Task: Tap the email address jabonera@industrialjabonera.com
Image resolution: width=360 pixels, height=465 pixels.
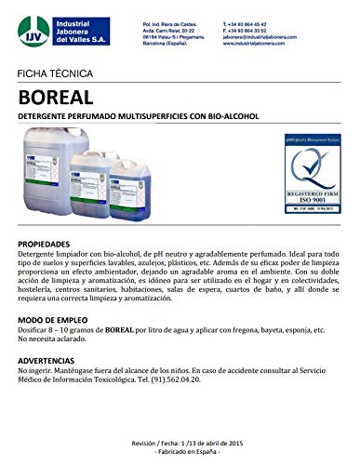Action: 264,32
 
